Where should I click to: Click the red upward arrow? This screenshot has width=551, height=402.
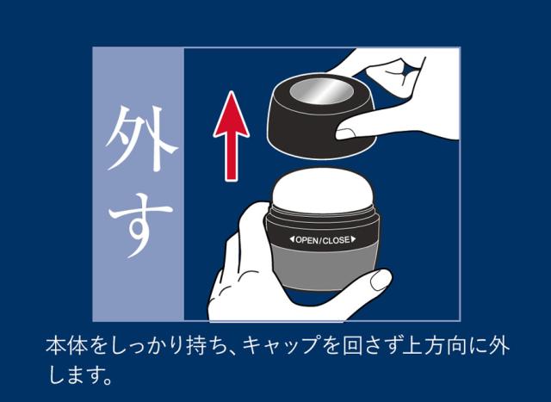[x=232, y=136]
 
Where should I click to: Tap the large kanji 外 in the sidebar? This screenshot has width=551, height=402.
[x=139, y=139]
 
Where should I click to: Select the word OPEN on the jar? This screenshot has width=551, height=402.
[x=307, y=240]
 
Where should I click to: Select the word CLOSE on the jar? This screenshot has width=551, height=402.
[x=337, y=240]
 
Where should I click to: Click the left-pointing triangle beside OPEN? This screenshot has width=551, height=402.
[x=292, y=239]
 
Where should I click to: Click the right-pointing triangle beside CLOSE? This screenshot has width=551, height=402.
[x=353, y=239]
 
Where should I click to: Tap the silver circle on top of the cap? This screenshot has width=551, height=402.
[x=321, y=91]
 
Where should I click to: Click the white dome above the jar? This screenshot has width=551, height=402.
[x=323, y=190]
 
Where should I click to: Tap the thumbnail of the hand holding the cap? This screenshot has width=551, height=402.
[x=346, y=133]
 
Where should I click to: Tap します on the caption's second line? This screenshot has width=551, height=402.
[x=79, y=375]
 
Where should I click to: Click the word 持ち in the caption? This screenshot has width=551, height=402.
[x=204, y=346]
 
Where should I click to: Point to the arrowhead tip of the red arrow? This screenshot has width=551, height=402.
[x=231, y=91]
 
